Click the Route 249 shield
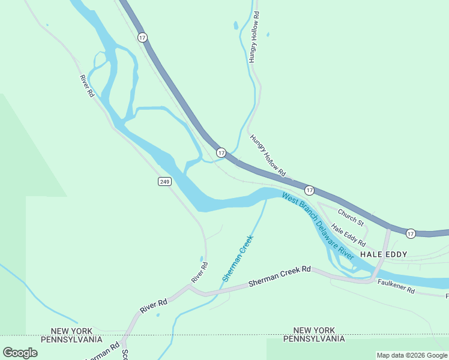164,181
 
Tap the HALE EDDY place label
384,254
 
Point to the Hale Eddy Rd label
349,235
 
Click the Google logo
20,353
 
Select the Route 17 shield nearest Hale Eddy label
411,233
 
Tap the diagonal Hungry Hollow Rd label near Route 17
267,155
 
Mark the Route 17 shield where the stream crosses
221,153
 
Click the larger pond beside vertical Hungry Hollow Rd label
236,26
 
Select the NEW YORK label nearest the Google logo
71,331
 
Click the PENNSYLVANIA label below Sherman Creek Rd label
313,339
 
